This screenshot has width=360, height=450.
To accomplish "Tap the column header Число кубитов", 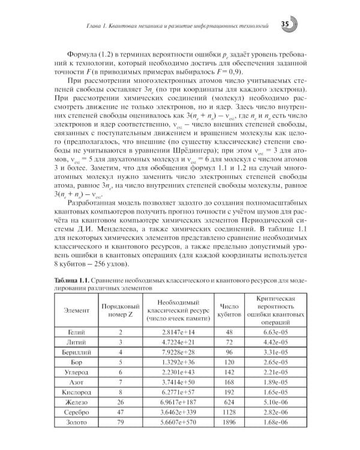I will [x=229, y=310].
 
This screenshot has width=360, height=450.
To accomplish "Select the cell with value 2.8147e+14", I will [x=178, y=331].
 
